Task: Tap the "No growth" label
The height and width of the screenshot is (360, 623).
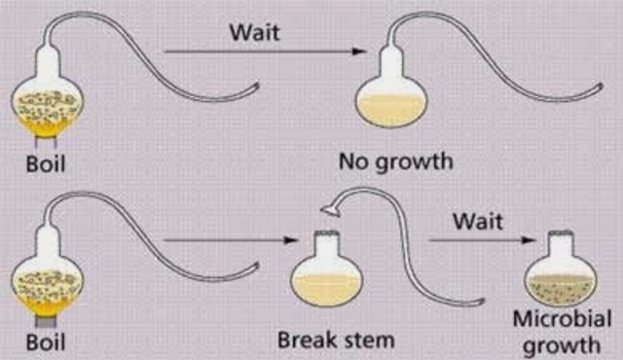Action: (x=396, y=162)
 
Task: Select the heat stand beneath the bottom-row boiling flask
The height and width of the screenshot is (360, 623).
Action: (x=44, y=318)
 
